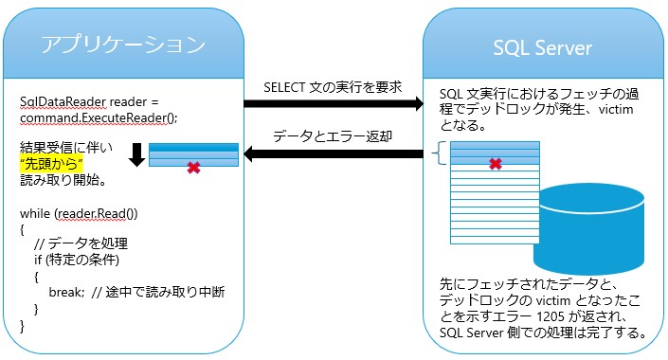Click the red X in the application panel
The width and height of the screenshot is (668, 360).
point(193,167)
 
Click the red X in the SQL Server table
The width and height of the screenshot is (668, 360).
point(494,164)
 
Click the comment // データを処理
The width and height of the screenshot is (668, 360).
point(77,245)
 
